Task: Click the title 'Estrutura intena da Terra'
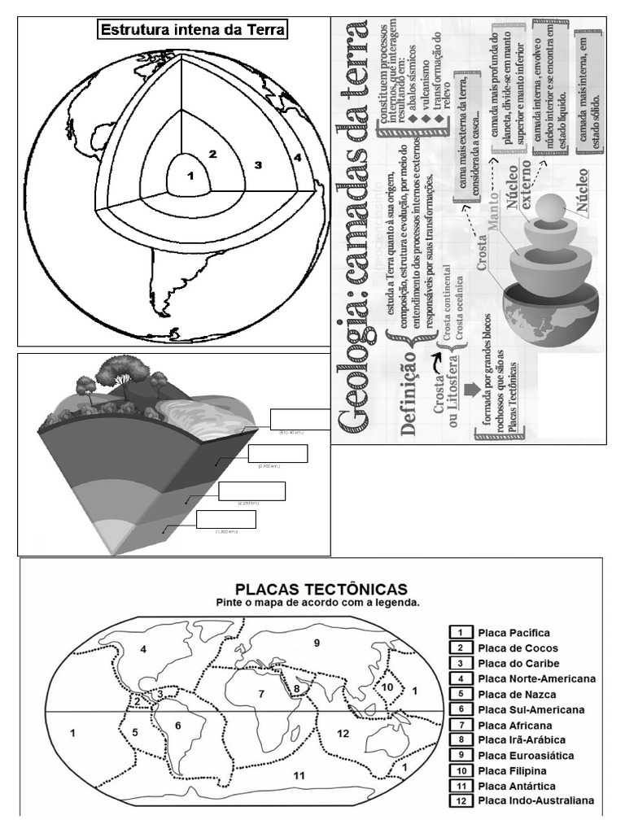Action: point(192,31)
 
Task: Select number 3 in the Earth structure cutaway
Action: point(257,165)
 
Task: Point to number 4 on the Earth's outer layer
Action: point(298,157)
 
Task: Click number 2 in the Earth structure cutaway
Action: point(212,154)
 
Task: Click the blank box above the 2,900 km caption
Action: point(278,454)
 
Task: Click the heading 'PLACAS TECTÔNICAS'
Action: point(321,587)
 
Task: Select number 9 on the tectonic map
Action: point(317,643)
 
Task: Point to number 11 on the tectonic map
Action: point(299,775)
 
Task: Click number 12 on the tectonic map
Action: point(343,734)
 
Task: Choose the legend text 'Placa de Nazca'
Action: point(517,695)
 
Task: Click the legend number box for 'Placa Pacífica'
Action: point(461,633)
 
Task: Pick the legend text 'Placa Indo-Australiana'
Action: point(535,801)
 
